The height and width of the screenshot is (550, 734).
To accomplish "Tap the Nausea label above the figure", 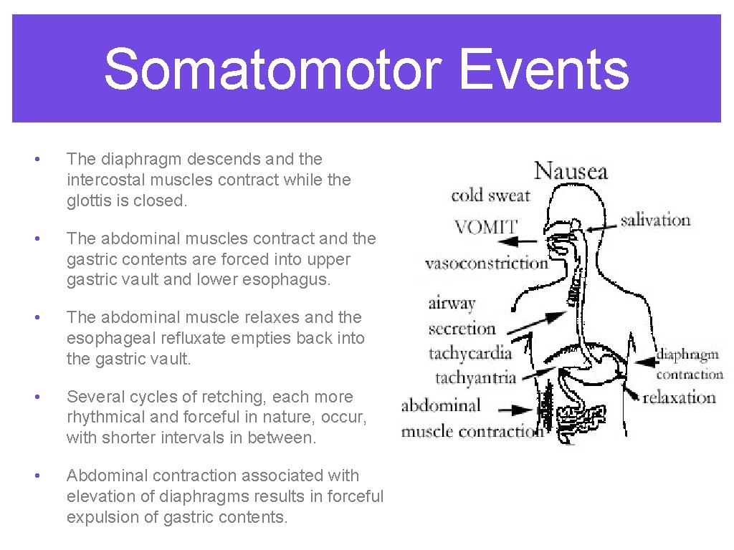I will tap(571, 171).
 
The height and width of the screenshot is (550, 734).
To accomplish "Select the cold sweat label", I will tap(490, 195).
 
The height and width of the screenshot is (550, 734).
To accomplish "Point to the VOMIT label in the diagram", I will tap(485, 227).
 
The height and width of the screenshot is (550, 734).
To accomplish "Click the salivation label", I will tap(655, 220).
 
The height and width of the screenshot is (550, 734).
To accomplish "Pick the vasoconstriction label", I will tap(486, 263).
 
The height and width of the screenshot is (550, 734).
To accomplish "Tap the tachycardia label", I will tap(470, 352).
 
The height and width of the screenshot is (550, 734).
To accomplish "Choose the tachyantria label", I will tap(475, 377).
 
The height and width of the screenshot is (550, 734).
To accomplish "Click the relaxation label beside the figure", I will tap(679, 397).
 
